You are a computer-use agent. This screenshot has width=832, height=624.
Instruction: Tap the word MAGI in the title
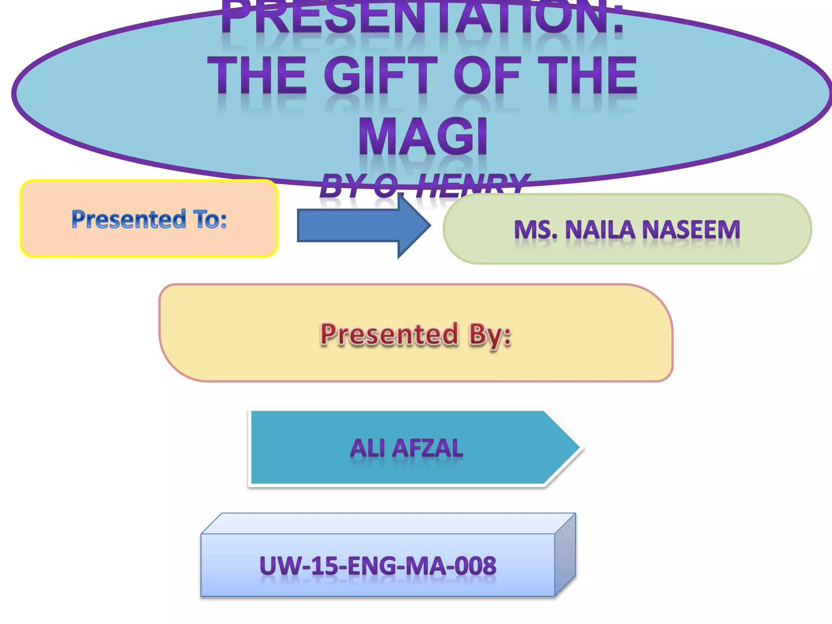423,137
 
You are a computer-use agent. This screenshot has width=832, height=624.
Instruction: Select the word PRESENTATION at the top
422,18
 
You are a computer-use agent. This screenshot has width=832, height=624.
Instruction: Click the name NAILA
600,230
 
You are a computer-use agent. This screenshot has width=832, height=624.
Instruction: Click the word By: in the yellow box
490,335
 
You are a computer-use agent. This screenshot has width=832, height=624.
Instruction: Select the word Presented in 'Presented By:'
389,335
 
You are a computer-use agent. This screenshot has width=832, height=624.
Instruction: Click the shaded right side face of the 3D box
565,555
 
